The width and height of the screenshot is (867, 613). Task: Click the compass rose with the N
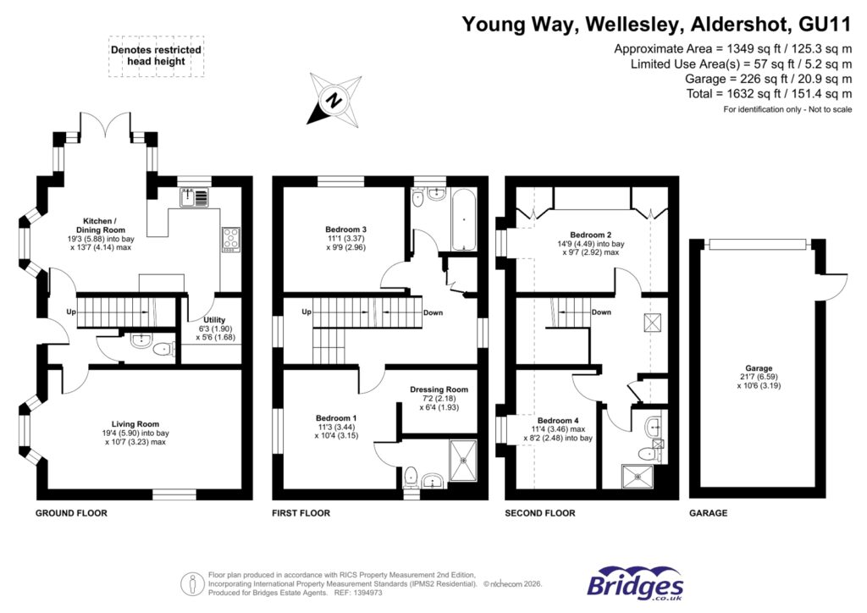pyautogui.click(x=334, y=101)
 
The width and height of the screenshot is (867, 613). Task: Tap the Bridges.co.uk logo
pyautogui.click(x=635, y=583)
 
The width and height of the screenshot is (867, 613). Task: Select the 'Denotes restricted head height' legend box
pyautogui.click(x=157, y=57)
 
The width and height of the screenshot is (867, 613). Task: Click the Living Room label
pyautogui.click(x=135, y=432)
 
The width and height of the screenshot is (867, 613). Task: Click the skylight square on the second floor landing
pyautogui.click(x=654, y=323)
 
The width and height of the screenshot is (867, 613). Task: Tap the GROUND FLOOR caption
pyautogui.click(x=71, y=513)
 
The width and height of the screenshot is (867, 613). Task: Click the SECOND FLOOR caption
pyautogui.click(x=539, y=513)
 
